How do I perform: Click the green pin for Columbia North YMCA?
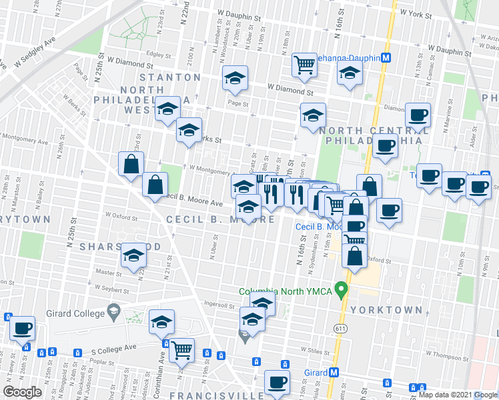(342, 290)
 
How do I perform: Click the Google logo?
(23, 391)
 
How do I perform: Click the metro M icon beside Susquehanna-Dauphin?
(386, 58)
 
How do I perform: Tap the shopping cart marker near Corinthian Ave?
(181, 349)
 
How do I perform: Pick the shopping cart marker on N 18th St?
(304, 64)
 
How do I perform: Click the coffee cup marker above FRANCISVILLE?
(277, 383)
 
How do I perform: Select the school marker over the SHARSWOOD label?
(133, 255)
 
